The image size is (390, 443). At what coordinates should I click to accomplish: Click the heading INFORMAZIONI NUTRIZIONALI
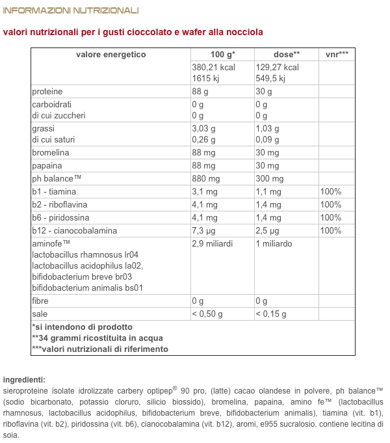coord(71,10)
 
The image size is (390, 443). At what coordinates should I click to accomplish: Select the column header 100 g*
coord(223,55)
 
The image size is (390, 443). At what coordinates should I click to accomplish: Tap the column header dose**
coord(287,55)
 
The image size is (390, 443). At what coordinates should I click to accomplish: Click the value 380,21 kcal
coord(214,67)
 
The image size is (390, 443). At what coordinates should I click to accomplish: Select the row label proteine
coord(47,92)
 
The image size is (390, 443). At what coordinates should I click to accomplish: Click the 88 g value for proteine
coord(200,92)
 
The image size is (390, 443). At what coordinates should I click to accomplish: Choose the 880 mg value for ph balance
coord(206,179)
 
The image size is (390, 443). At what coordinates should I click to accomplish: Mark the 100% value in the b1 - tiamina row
coord(331,192)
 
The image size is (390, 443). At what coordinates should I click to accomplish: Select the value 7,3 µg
coord(203,231)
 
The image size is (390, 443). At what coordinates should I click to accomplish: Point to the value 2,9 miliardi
coord(213,244)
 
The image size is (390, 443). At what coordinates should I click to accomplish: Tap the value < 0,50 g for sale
coord(207,314)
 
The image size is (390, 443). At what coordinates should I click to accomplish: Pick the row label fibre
coord(40,301)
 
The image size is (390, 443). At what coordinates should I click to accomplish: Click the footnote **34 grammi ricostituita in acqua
coord(97,338)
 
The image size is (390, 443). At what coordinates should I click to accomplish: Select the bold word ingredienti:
coord(24,379)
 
